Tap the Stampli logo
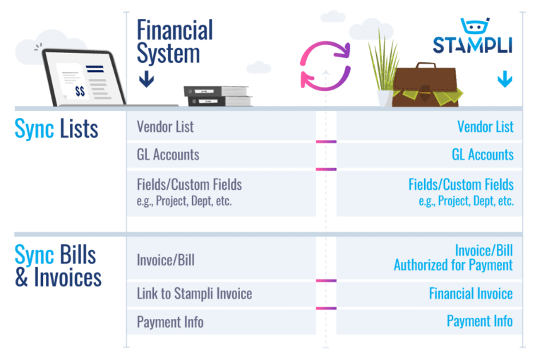[x=472, y=39]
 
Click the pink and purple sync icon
[x=325, y=65]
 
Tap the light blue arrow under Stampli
[x=504, y=78]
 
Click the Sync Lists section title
[x=56, y=129]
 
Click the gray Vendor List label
[x=165, y=127]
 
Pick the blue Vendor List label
[x=486, y=127]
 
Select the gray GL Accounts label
[x=168, y=155]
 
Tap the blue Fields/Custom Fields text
[x=461, y=185]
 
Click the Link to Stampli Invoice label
[x=194, y=294]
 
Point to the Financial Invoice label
[x=471, y=294]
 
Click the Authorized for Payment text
[x=453, y=265]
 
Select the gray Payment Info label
[x=170, y=322]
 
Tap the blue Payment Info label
[x=480, y=321]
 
